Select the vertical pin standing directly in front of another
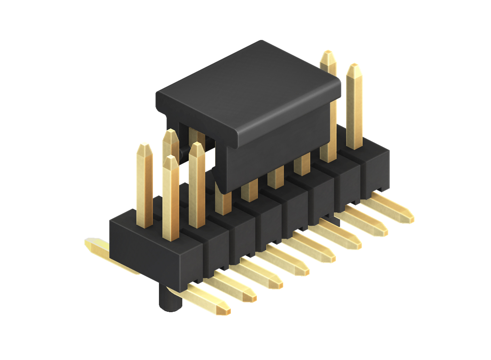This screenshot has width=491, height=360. (171, 196)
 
